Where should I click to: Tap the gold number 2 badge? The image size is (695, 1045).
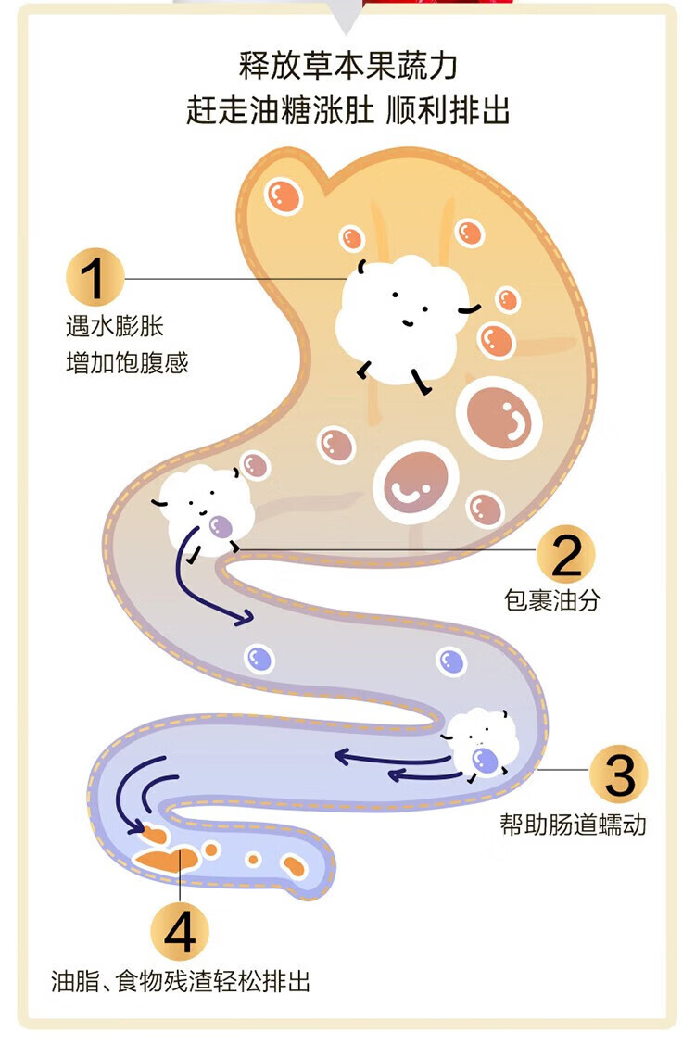pos(566,555)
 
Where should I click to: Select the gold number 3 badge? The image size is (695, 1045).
pos(620,774)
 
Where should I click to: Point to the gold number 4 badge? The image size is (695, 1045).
pos(180,931)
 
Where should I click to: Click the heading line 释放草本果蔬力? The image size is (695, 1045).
pos(347,65)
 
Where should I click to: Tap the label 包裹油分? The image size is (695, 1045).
pos(552,600)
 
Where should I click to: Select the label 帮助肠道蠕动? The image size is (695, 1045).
pos(573,825)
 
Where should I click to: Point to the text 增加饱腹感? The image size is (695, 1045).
pos(127,363)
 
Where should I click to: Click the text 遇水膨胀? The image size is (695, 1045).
pos(115,326)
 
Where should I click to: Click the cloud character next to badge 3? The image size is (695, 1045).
pos(480,743)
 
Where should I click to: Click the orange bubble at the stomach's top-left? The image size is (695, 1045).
pos(284,196)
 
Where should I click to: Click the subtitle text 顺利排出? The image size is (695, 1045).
pos(448,110)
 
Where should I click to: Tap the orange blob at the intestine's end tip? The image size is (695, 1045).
pos(294,866)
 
